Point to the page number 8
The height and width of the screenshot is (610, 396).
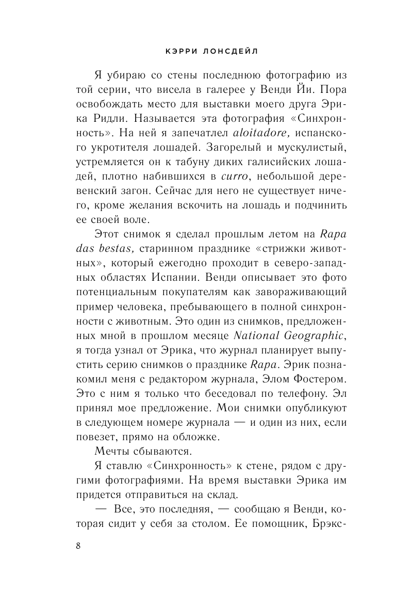point(78,547)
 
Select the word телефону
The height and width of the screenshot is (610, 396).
point(273,394)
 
